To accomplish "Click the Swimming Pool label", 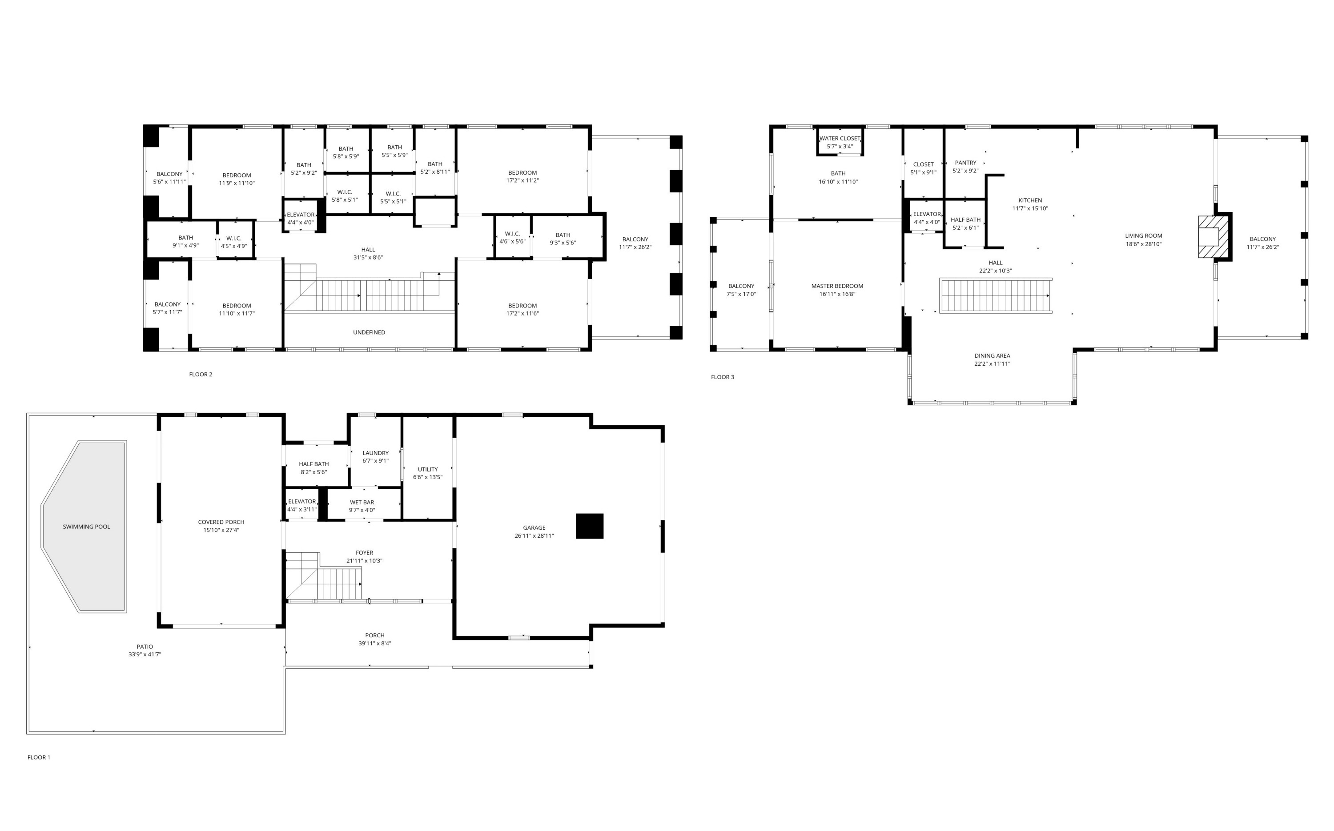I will tap(86, 527).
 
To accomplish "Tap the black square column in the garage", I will tap(590, 526).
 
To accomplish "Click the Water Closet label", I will tap(839, 139).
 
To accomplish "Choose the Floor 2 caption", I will tap(200, 374).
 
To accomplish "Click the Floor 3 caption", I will tap(722, 377).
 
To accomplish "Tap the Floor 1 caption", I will tap(39, 757).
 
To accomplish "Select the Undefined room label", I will tap(369, 332).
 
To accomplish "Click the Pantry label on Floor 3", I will tap(965, 163).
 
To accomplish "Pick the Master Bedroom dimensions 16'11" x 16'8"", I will tap(837, 294).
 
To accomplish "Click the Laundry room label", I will tap(376, 453).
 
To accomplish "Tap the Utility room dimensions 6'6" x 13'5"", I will tap(427, 477).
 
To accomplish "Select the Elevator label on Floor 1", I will tap(302, 501).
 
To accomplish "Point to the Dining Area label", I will tap(992, 356).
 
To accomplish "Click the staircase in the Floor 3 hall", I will tap(995, 296).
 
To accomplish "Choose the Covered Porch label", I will tap(221, 522).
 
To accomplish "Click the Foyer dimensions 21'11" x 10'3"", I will tap(364, 561).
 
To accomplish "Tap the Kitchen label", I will tap(1029, 200).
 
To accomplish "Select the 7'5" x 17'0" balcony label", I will tap(741, 294).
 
